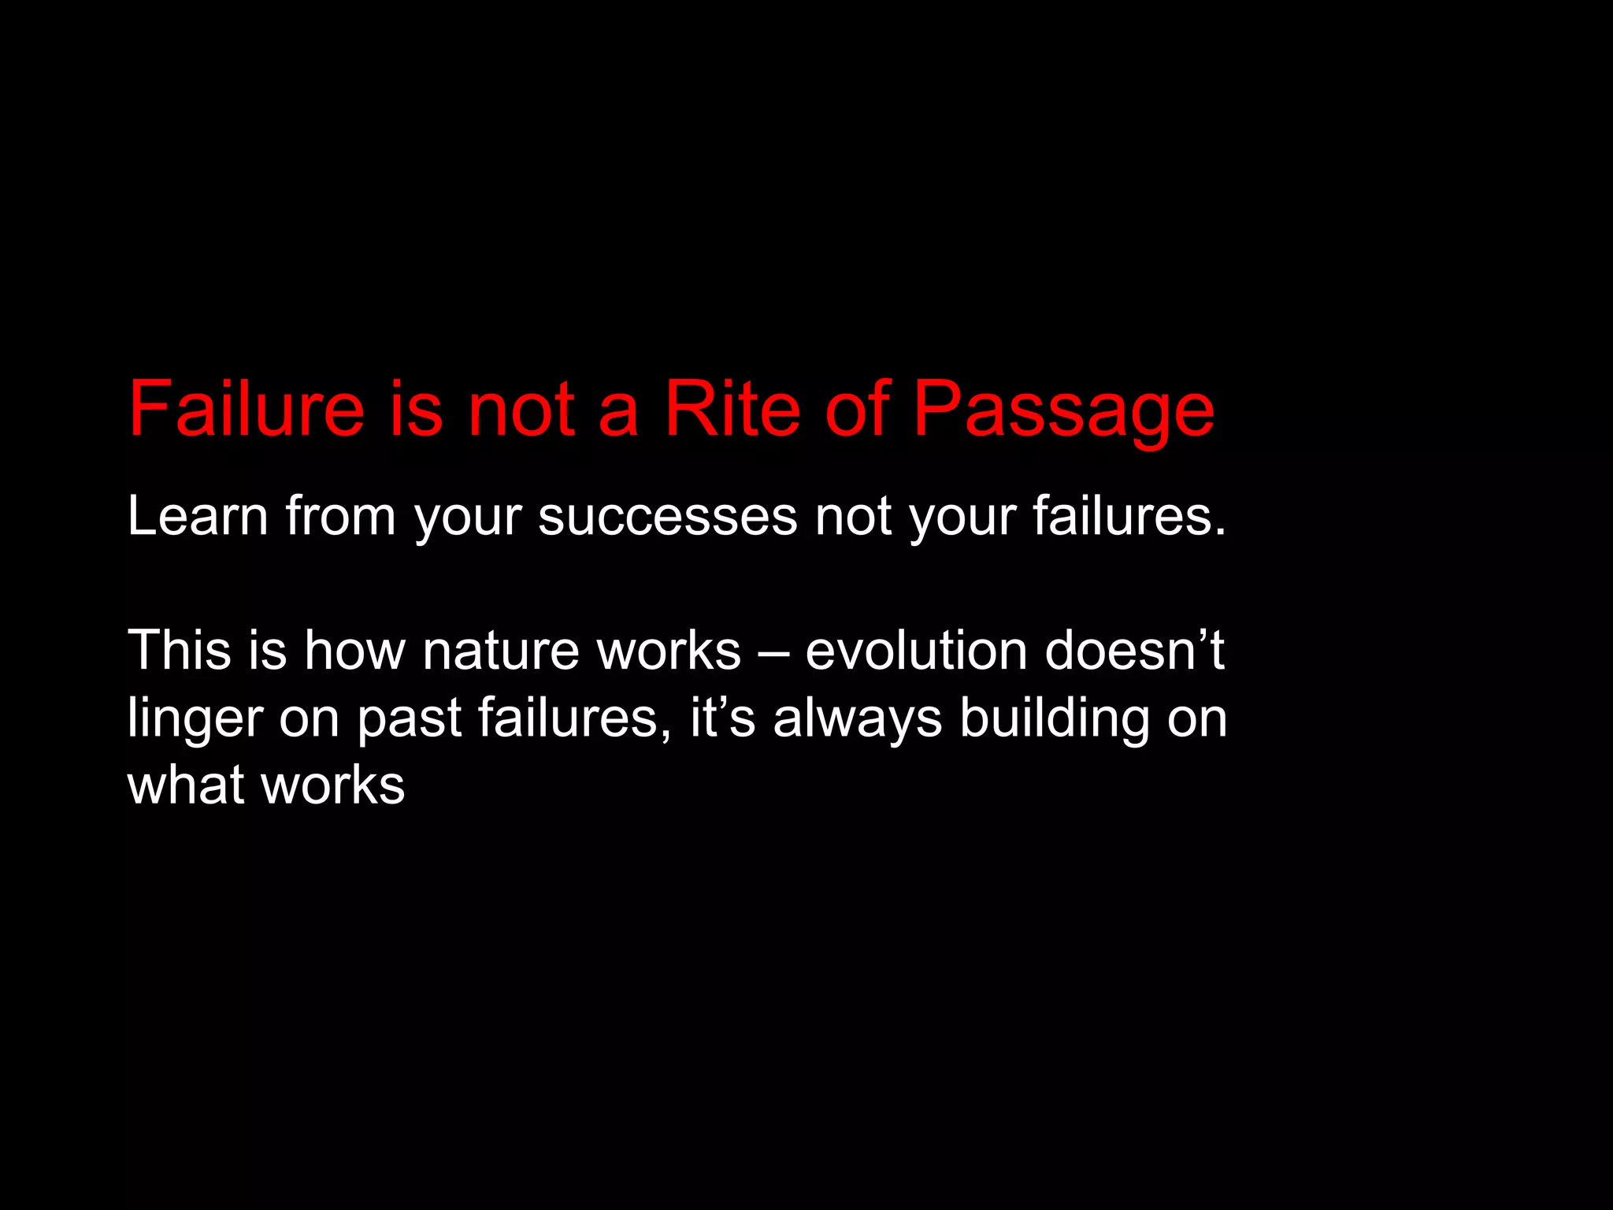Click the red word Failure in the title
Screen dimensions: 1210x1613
247,410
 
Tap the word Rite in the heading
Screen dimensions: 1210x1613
732,410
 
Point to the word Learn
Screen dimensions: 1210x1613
198,516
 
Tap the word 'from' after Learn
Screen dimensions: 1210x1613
340,516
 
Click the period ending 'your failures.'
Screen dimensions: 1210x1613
1220,533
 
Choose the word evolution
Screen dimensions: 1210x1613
916,651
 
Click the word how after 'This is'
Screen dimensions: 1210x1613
354,651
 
